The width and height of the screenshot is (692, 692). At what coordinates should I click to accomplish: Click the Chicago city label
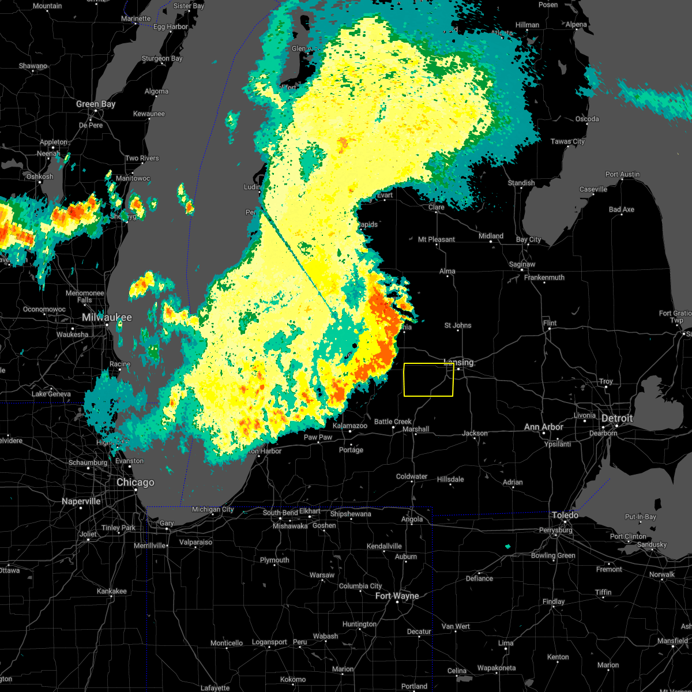coord(136,483)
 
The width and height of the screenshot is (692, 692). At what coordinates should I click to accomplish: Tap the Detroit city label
coord(617,419)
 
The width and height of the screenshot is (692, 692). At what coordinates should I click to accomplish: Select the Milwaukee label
coord(107,318)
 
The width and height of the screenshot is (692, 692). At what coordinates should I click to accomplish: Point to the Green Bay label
coord(96,104)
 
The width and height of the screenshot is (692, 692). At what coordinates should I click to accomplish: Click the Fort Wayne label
coord(397,596)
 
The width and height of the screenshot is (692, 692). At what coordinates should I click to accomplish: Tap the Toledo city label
coord(565,515)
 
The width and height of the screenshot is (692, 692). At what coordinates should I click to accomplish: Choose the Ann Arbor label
coord(544,427)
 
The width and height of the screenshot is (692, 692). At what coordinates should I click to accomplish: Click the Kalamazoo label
coord(350,426)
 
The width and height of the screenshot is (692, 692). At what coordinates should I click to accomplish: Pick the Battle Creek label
coord(393,422)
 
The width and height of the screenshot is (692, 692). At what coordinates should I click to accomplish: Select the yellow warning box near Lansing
coord(428,380)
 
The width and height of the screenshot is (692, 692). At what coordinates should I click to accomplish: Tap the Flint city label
coord(550,323)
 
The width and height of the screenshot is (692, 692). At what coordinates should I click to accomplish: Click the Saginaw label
coord(522,265)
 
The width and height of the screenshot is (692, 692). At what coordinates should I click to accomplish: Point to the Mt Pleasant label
coord(437,239)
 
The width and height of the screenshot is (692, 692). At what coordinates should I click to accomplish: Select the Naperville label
coord(81,502)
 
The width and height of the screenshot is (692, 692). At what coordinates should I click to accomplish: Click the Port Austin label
coord(622,174)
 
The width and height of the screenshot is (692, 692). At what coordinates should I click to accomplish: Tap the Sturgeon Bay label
coord(162,59)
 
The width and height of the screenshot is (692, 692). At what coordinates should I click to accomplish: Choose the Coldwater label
coord(412,477)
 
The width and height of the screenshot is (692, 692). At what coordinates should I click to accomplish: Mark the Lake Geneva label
coord(51,394)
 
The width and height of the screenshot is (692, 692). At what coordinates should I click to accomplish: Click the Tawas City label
coord(567,142)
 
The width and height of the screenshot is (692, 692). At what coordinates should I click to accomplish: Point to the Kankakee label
coord(112,591)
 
